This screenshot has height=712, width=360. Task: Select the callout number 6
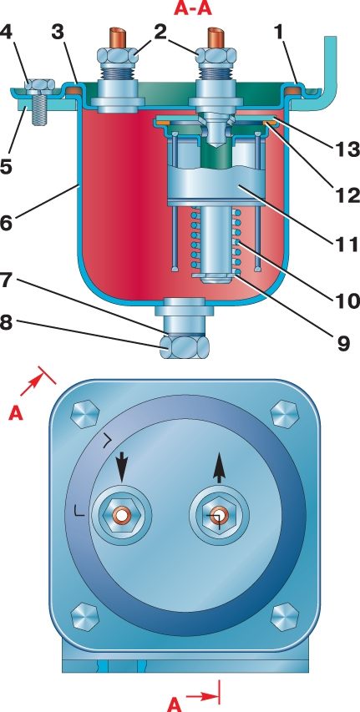pyautogui.click(x=8, y=224)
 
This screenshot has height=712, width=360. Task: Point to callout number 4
pyautogui.click(x=8, y=33)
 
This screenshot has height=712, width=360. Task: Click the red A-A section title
pyautogui.click(x=193, y=8)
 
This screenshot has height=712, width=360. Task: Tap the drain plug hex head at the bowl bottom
pyautogui.click(x=185, y=347)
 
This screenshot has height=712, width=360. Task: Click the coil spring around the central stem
pyautogui.click(x=215, y=240)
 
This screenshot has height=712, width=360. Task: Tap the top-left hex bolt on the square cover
pyautogui.click(x=86, y=414)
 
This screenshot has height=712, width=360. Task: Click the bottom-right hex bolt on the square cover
pyautogui.click(x=285, y=617)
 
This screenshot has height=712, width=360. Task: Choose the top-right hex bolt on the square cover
pyautogui.click(x=285, y=414)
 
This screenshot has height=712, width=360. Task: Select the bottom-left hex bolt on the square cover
pyautogui.click(x=85, y=617)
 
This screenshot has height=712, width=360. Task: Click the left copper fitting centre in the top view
pyautogui.click(x=121, y=516)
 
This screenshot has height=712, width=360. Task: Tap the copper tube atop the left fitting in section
pyautogui.click(x=116, y=38)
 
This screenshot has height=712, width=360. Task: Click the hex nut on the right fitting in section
pyautogui.click(x=215, y=56)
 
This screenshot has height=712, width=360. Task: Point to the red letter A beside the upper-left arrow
pyautogui.click(x=17, y=414)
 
